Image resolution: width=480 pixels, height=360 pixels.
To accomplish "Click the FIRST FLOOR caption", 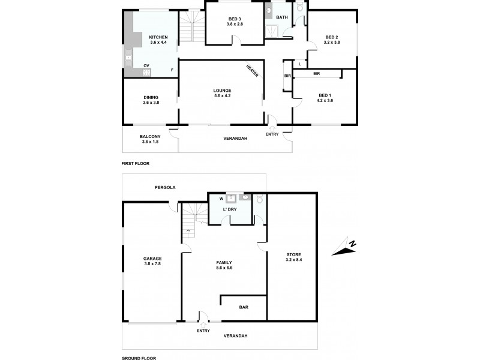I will pos(135,163).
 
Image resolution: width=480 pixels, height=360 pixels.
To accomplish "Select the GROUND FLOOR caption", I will pos(139,358).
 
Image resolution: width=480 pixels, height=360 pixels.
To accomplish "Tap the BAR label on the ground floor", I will pos(244,307).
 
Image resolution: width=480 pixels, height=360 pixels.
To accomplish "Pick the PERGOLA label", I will pos(163,187).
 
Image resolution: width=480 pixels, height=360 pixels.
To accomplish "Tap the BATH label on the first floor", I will pos(282,17).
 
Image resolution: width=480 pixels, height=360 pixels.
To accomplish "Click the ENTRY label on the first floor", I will pos(272,134).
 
